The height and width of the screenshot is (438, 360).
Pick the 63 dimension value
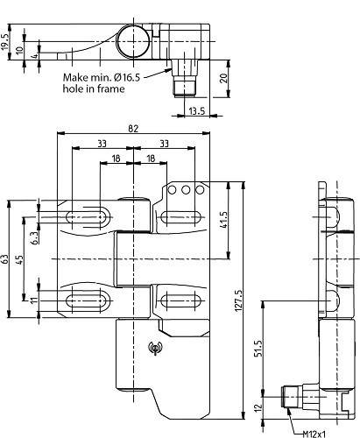point(5,260)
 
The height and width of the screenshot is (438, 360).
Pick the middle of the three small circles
point(187,190)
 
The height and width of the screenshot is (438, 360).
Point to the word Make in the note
point(76,77)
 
